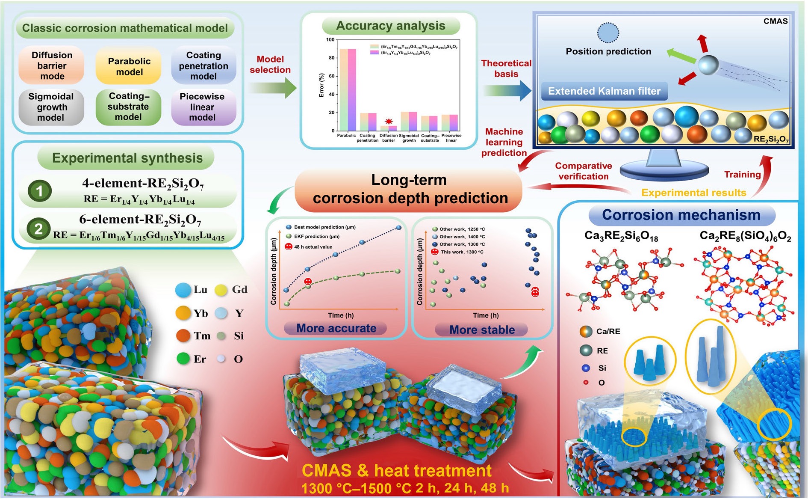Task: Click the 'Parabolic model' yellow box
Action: point(129,66)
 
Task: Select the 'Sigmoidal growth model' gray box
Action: point(51,107)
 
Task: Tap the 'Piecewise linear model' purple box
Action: point(203,107)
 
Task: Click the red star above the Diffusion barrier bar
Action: point(389,122)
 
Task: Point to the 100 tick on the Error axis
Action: point(330,40)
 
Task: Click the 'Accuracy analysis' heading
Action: point(391,26)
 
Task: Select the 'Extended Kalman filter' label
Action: point(604,91)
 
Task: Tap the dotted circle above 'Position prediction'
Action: point(607,33)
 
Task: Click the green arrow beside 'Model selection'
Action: point(272,88)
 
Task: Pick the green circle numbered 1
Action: point(40,191)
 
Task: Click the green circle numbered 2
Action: point(38,229)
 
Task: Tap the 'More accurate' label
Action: point(336,328)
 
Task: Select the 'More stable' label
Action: point(482,330)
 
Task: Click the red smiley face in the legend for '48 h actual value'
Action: point(288,247)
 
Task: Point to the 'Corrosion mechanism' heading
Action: point(681,215)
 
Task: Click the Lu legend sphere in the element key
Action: point(183,290)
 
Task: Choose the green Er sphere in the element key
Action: point(183,358)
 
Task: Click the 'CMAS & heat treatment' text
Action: point(396,470)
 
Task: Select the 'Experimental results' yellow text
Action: point(693,193)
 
